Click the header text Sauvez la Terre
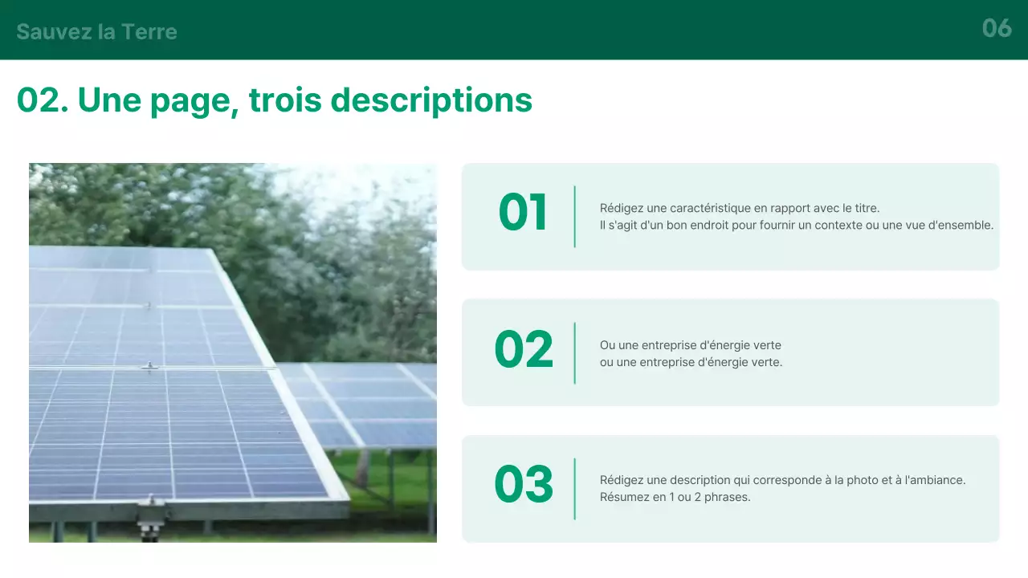pyautogui.click(x=96, y=32)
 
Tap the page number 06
pyautogui.click(x=997, y=29)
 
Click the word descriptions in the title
pyautogui.click(x=431, y=100)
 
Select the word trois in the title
pyautogui.click(x=285, y=100)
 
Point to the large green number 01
pyautogui.click(x=523, y=214)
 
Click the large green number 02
pyautogui.click(x=524, y=351)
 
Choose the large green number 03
pyautogui.click(x=524, y=486)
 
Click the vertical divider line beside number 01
pyautogui.click(x=575, y=217)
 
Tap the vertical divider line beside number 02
pyautogui.click(x=575, y=353)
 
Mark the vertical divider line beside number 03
pyautogui.click(x=575, y=489)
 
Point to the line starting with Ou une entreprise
pyautogui.click(x=690, y=345)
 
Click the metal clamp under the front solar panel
pyautogui.click(x=150, y=514)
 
